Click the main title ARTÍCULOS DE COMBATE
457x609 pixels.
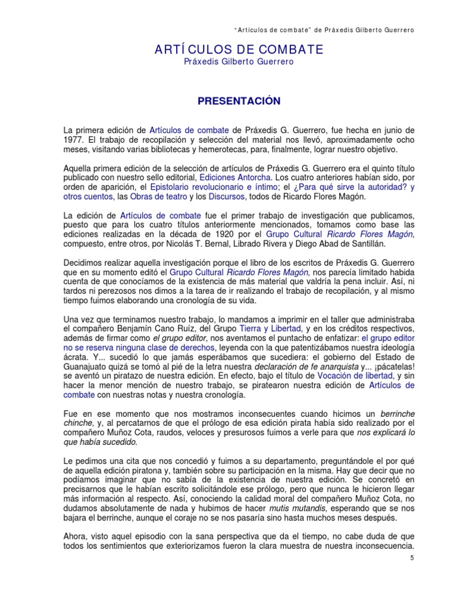(x=239, y=49)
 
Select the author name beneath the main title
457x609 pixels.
(x=239, y=61)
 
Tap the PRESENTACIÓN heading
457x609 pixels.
(x=239, y=101)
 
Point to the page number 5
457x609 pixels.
(x=412, y=558)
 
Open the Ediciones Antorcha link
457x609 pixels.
(x=235, y=177)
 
